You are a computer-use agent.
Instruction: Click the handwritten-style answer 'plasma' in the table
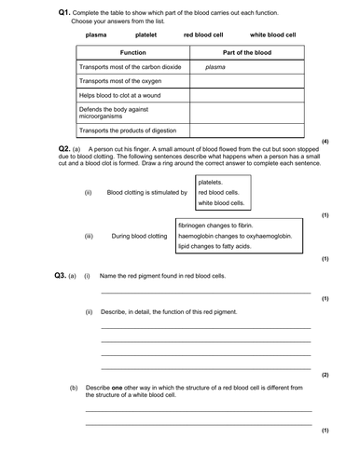(215, 68)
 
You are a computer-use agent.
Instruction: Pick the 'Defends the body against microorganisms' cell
(109, 113)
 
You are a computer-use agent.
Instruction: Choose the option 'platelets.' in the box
(215, 183)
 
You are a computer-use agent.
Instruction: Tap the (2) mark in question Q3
(325, 375)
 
